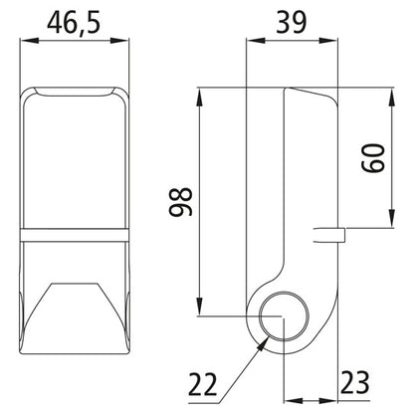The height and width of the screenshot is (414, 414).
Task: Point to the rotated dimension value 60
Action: click(375, 158)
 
